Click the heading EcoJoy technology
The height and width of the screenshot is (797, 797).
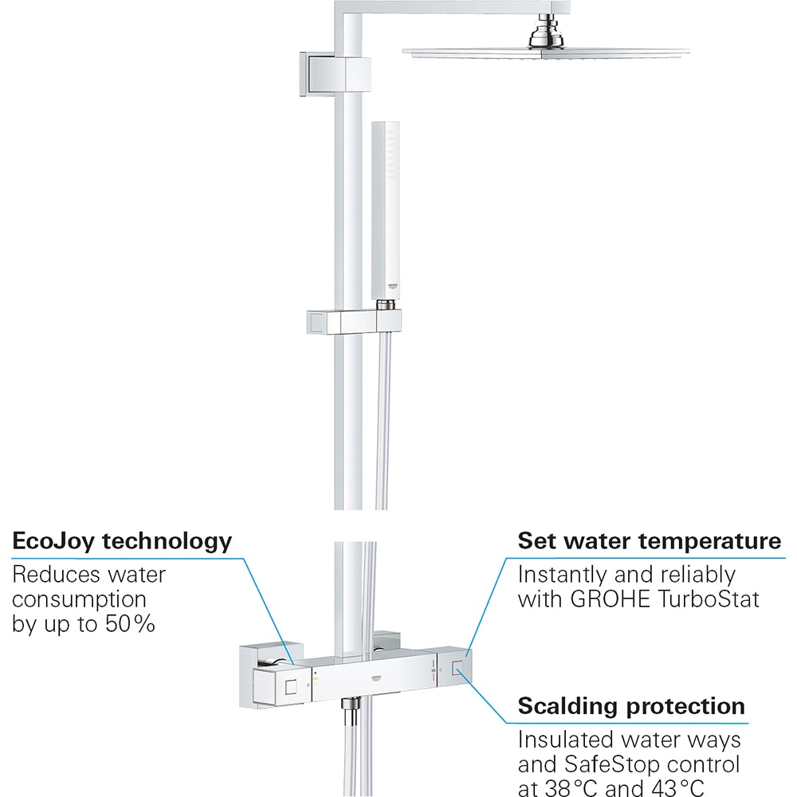click(122, 543)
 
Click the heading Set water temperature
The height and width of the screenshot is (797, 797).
click(650, 542)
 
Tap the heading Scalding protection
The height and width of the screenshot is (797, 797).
click(631, 706)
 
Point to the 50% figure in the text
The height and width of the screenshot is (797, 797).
click(129, 623)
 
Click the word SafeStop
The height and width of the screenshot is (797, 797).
click(621, 766)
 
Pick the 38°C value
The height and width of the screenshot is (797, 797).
click(579, 790)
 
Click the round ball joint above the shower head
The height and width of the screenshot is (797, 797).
click(544, 36)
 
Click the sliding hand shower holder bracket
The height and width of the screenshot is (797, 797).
click(355, 321)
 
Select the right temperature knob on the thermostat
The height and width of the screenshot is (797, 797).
click(455, 670)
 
